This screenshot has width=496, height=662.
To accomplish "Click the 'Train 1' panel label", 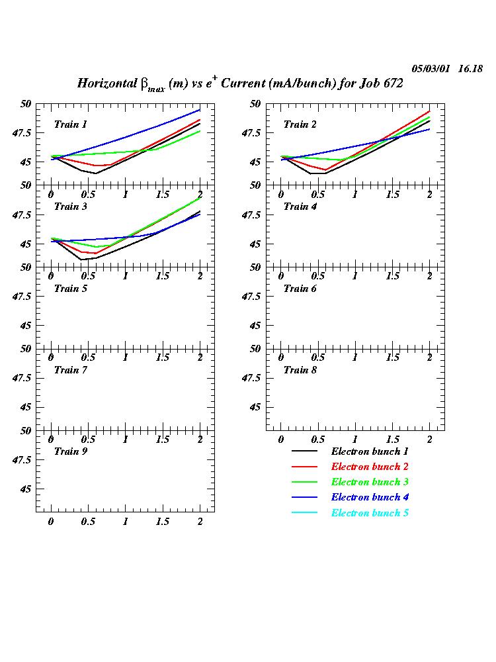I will click(x=70, y=124).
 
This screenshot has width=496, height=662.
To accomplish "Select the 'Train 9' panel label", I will click(x=70, y=451).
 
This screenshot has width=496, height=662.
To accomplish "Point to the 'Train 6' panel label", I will click(x=300, y=289).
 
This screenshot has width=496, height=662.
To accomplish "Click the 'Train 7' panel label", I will click(x=70, y=370).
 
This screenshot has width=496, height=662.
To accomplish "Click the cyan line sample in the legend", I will click(x=304, y=514).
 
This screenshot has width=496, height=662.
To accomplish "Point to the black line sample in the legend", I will click(x=304, y=452).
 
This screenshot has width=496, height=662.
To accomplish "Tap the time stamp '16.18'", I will click(x=470, y=69).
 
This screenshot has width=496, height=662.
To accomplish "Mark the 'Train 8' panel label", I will click(x=300, y=370).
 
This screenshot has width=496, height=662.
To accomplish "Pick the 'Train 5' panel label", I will click(x=70, y=289).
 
